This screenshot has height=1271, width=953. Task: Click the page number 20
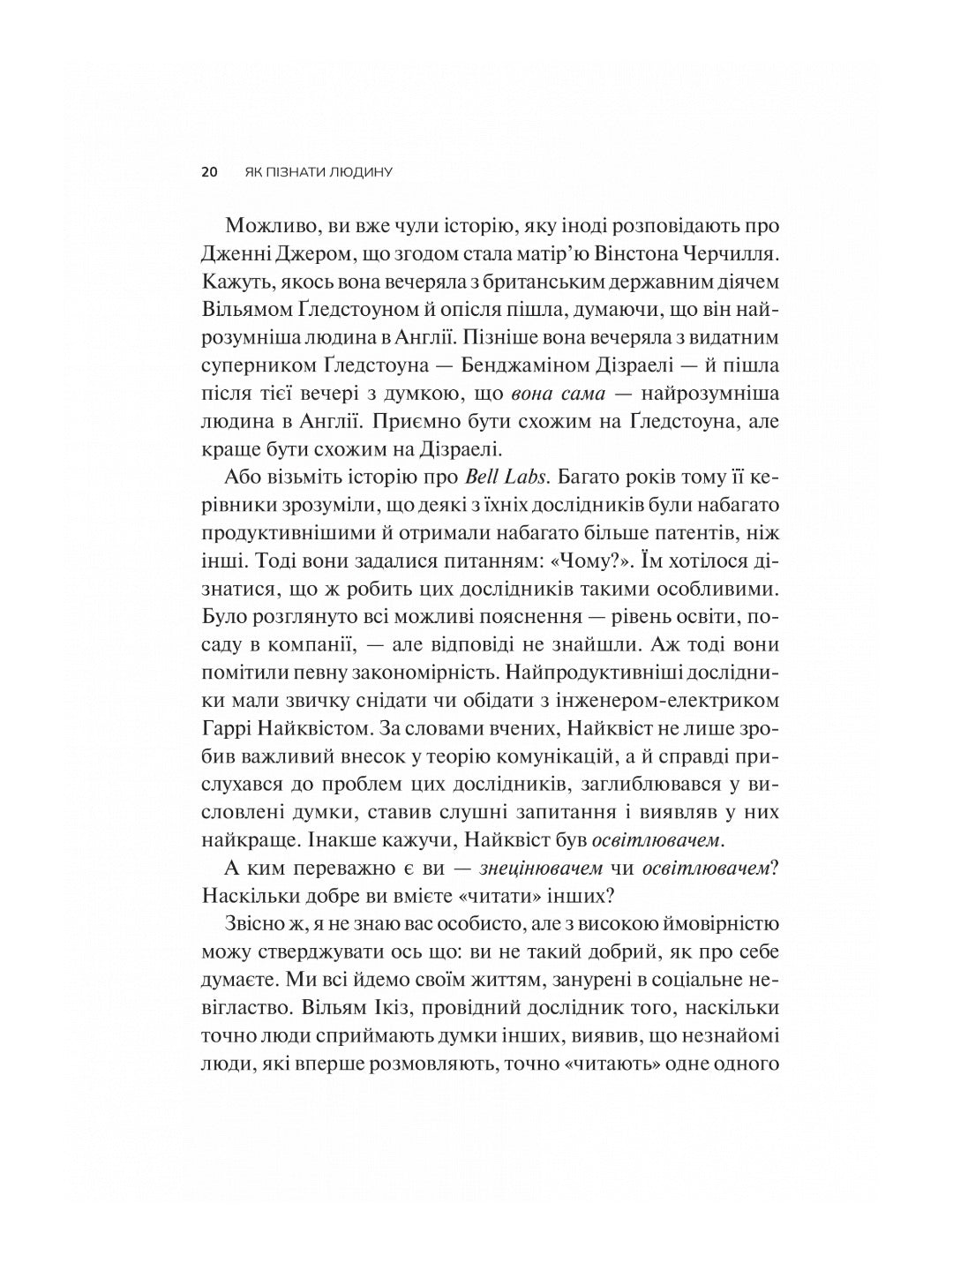tap(209, 172)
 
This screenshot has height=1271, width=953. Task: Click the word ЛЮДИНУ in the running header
tap(361, 172)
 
